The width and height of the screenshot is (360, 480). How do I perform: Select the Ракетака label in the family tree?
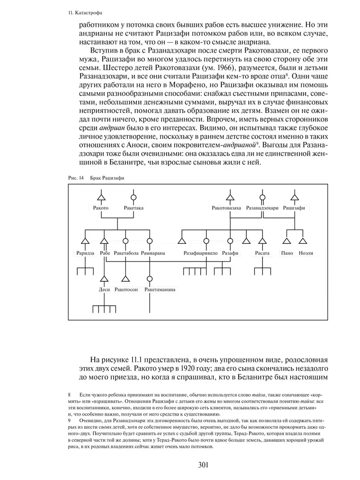click(133, 208)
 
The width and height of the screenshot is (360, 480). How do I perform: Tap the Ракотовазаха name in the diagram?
click(227, 208)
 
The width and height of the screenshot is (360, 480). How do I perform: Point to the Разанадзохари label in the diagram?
click(262, 208)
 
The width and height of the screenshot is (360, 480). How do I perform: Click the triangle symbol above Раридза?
click(85, 241)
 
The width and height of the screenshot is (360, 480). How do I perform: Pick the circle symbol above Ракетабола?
click(125, 241)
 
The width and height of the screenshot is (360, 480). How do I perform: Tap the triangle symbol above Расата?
click(262, 241)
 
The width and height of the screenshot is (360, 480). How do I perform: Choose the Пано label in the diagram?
click(287, 253)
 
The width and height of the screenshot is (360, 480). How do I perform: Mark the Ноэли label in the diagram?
click(306, 253)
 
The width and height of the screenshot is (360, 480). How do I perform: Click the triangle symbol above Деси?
click(104, 278)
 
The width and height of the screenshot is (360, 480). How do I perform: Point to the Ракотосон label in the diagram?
click(127, 290)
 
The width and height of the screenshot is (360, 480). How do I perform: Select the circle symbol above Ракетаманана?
click(150, 278)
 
